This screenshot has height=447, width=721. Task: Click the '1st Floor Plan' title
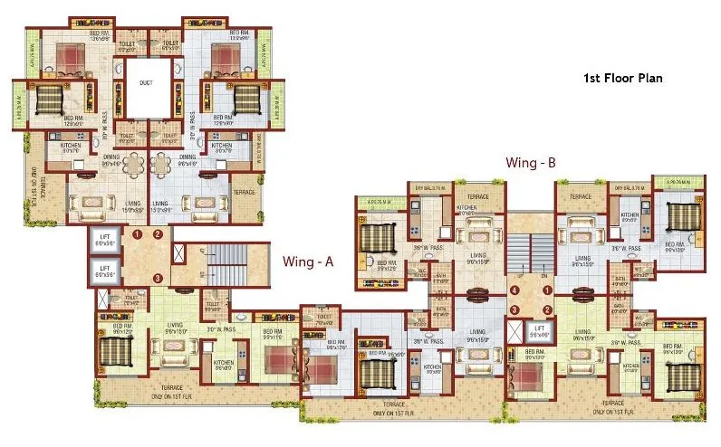(622, 79)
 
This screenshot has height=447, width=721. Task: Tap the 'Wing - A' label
(309, 262)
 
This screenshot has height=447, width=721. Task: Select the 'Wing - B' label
(530, 163)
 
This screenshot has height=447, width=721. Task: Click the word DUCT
(146, 83)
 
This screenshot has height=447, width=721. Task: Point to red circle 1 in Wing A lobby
(139, 234)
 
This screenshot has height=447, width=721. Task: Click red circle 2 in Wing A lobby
(158, 234)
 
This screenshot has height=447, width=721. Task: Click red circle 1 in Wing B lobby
(546, 290)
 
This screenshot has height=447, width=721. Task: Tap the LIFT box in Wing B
(540, 330)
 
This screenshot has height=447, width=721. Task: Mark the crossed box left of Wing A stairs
(178, 256)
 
